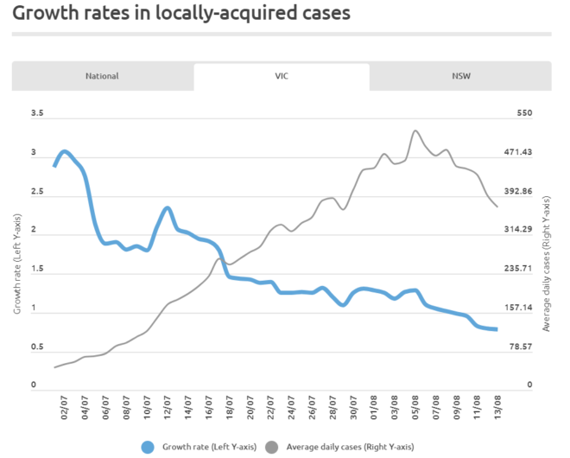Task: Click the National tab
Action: (x=102, y=76)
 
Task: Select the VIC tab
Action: (x=281, y=76)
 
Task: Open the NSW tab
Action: (x=461, y=76)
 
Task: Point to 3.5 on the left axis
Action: (x=36, y=114)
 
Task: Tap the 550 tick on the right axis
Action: (x=525, y=114)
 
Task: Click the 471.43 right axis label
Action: (x=529, y=153)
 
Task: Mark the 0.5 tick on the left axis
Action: (x=36, y=347)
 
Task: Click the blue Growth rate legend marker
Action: (x=149, y=447)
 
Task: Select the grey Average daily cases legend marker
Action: (x=273, y=447)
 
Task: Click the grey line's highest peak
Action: (x=416, y=131)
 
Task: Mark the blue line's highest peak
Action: (x=65, y=152)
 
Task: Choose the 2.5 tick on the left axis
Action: (x=36, y=192)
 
